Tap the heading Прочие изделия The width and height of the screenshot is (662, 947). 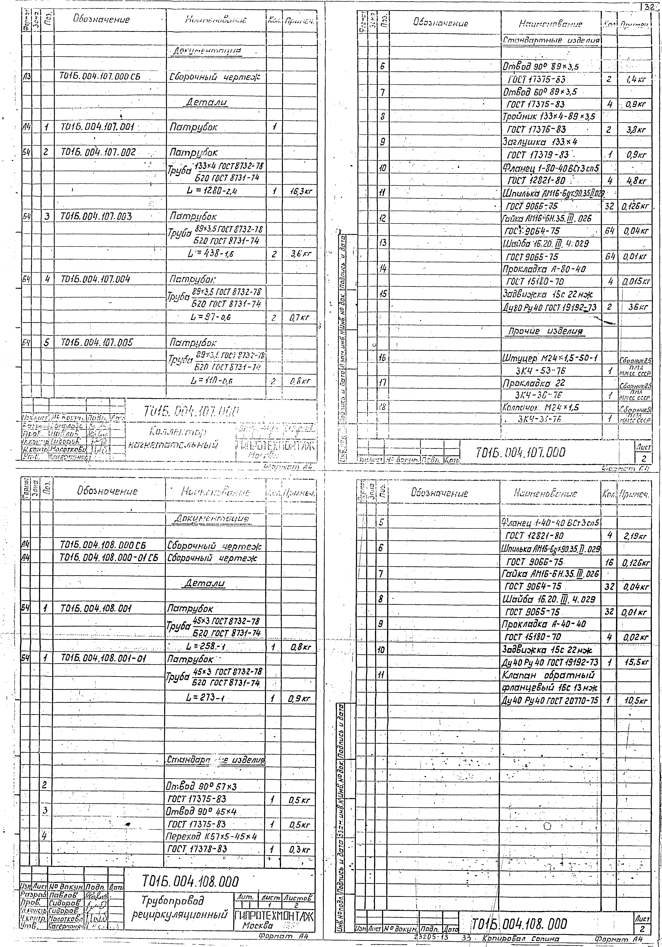[x=546, y=332]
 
